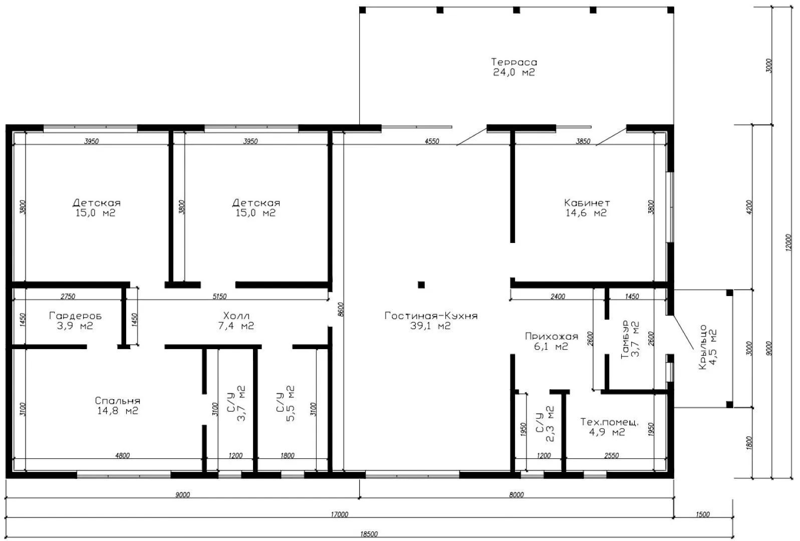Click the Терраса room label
(x=514, y=62)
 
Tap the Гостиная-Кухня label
(x=431, y=316)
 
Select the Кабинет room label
(x=587, y=203)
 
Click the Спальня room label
(x=118, y=401)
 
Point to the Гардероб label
(x=75, y=316)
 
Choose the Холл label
(x=236, y=316)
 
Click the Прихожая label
(x=552, y=337)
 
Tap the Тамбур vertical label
(x=625, y=339)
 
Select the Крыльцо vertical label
(x=702, y=347)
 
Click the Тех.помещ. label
(x=610, y=422)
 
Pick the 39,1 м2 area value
(x=430, y=326)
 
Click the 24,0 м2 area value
(x=514, y=73)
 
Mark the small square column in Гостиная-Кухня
(x=421, y=285)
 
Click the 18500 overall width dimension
(x=369, y=534)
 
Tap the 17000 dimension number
(x=339, y=514)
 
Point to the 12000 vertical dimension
(x=788, y=242)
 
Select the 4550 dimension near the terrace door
(x=432, y=141)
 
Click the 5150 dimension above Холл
(x=219, y=297)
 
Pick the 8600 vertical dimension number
(x=341, y=309)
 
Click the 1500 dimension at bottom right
(x=702, y=514)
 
